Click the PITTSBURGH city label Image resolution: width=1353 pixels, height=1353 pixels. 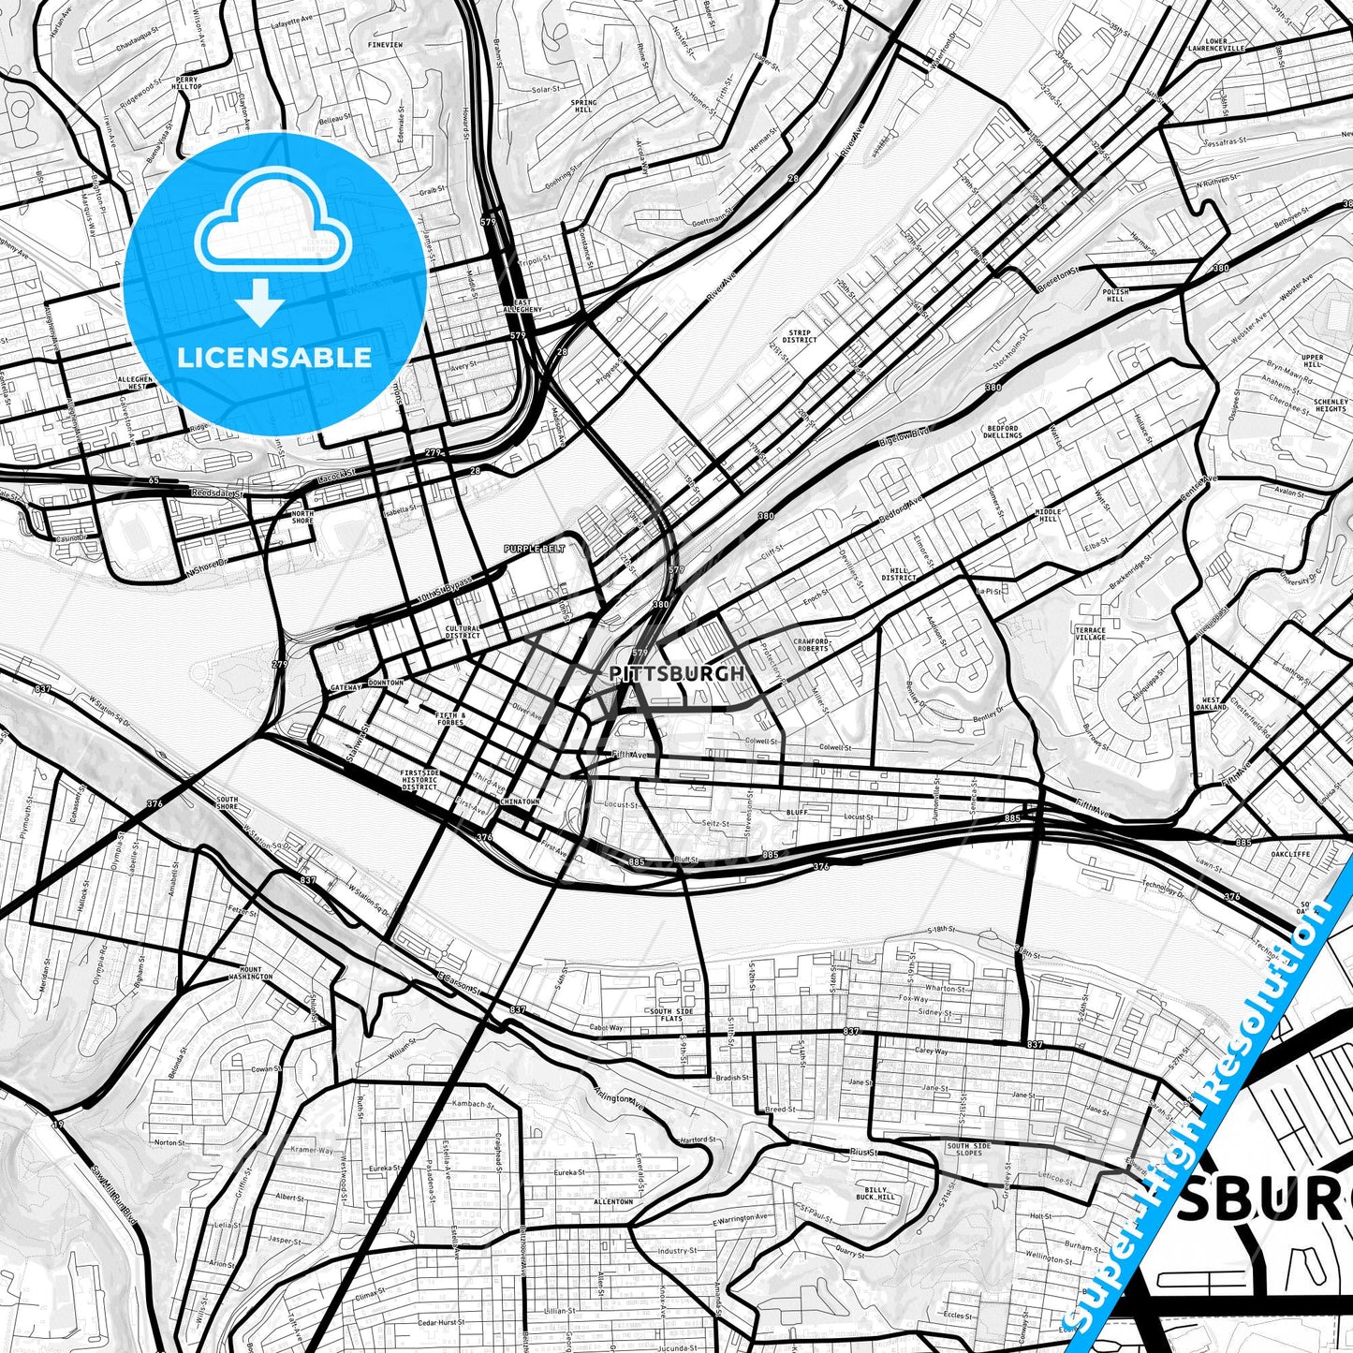(677, 673)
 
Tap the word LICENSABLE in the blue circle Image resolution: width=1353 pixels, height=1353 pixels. (274, 357)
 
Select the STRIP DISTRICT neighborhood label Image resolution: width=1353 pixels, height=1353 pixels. (801, 336)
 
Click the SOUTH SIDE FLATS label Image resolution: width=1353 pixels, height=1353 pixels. (671, 1015)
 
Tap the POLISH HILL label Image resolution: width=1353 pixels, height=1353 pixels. (1115, 295)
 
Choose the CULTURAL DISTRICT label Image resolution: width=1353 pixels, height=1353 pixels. (463, 632)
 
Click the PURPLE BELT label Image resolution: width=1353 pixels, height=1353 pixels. (534, 549)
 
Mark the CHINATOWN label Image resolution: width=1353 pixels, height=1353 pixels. (520, 802)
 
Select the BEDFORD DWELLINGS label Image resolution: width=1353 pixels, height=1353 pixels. (1002, 432)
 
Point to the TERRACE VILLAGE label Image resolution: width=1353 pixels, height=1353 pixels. (1090, 634)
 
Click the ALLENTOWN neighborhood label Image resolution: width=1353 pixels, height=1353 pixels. (613, 1201)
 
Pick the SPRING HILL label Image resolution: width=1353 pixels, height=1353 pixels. (583, 106)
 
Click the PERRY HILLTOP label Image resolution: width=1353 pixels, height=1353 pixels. (187, 83)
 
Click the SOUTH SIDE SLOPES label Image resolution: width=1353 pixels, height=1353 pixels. (969, 1149)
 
